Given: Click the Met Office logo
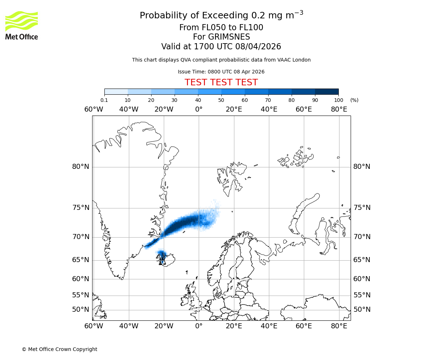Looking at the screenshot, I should pos(22,25).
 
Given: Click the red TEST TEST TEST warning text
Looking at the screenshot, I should pos(221,82).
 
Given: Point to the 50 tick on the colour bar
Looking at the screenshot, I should pos(221,100).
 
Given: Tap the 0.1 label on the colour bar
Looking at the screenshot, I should pos(104,100).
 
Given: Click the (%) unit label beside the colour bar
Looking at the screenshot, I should pos(354,100).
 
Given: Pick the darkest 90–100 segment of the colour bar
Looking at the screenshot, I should pos(327,91).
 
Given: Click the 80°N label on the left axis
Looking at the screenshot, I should pos(80,167).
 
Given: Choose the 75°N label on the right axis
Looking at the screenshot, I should pos(362,208).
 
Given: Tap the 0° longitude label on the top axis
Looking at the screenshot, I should pos(199,109).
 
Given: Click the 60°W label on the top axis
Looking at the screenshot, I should pos(94,109).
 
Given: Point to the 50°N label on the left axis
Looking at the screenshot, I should pos(80,310).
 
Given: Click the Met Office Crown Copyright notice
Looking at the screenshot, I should pos(59,349).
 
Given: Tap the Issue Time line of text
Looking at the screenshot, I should pos(221,72).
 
